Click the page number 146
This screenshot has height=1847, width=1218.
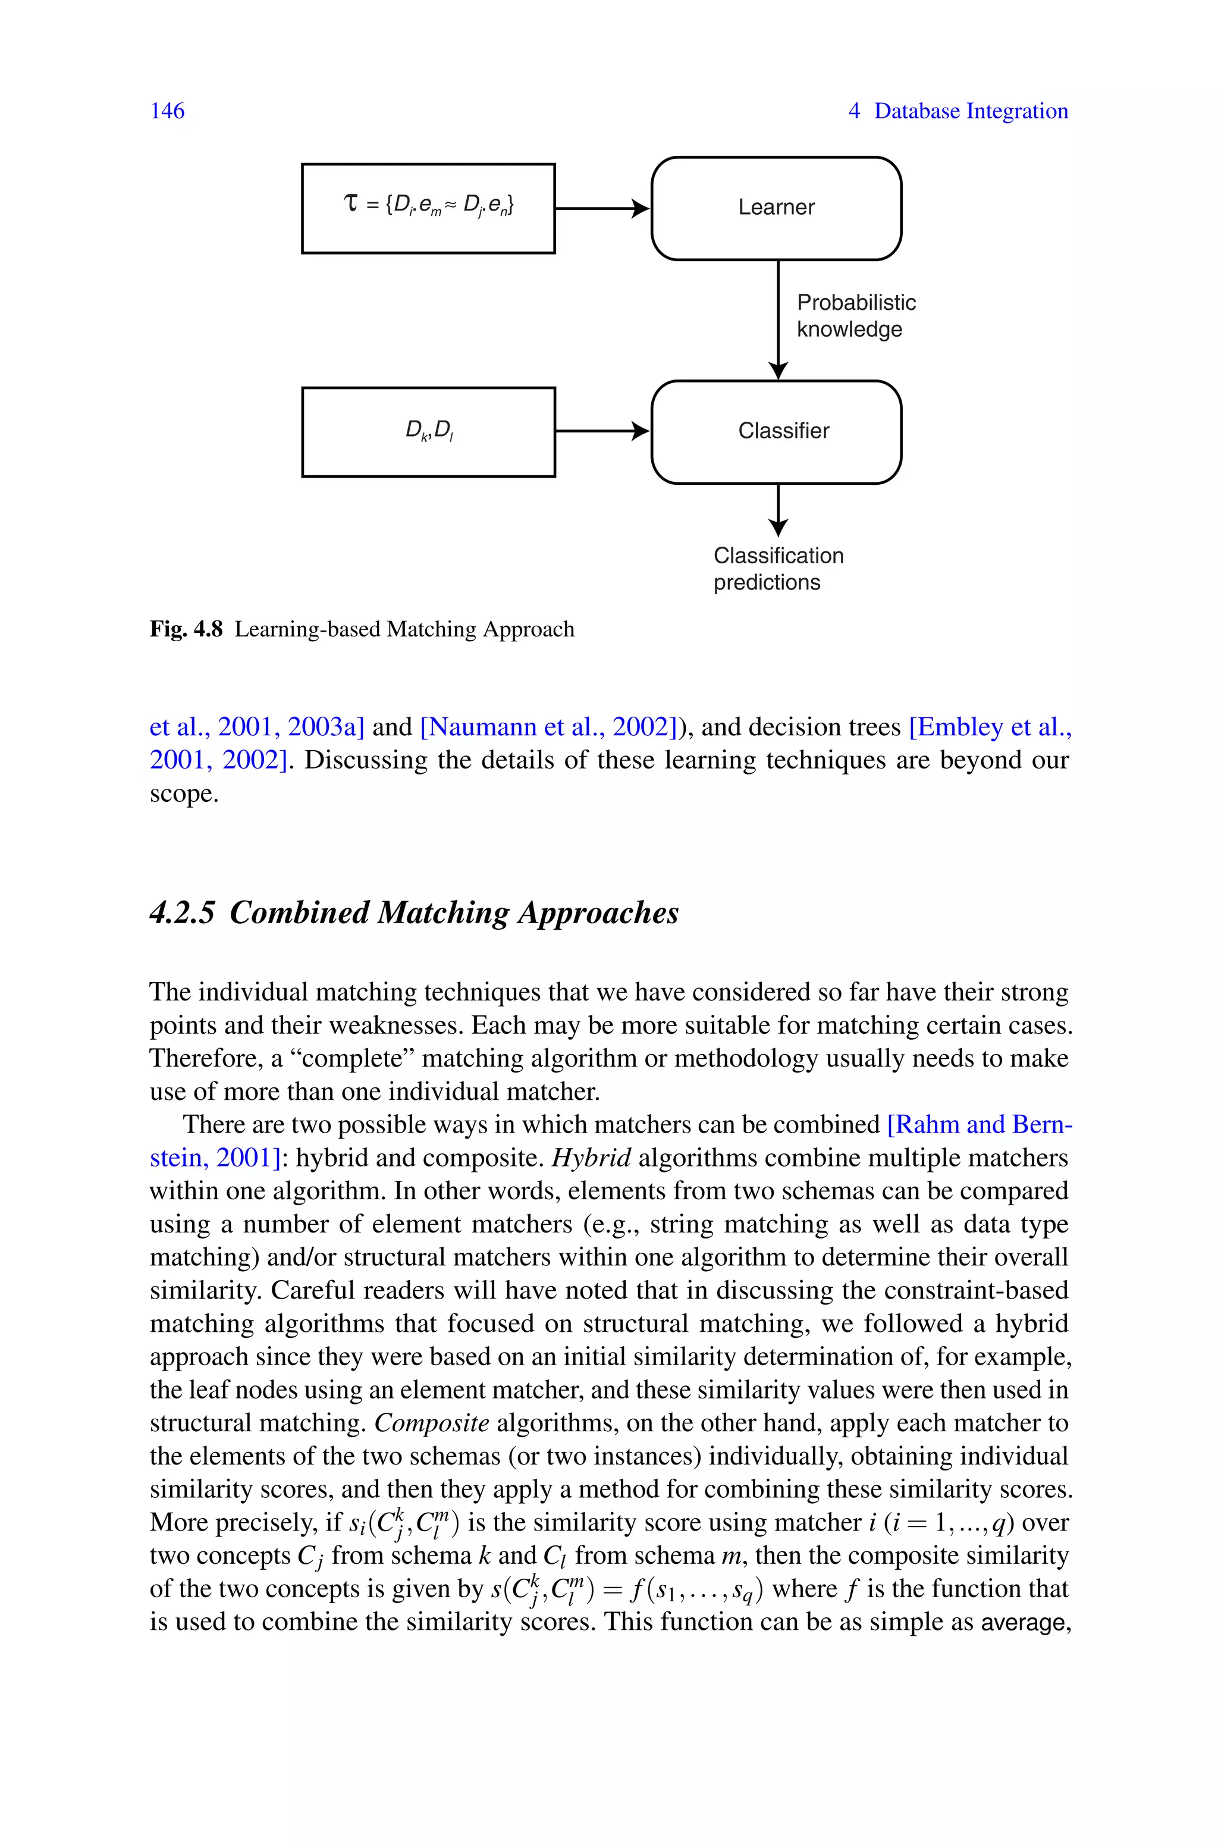point(167,111)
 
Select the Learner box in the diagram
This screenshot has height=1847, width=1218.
point(776,208)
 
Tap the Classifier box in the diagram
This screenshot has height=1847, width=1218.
point(776,432)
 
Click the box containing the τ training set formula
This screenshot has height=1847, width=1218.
point(428,208)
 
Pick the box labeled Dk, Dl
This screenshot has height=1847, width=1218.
point(428,432)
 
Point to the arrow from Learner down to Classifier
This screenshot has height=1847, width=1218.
point(777,318)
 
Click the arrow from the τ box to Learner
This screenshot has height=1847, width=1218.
point(602,208)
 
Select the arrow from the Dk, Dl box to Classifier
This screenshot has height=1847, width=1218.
point(602,431)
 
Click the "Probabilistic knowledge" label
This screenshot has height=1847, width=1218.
point(855,315)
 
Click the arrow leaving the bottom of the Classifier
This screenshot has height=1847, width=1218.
point(777,510)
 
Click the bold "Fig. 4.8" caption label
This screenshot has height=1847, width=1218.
point(186,629)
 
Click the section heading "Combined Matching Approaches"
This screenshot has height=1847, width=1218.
point(454,912)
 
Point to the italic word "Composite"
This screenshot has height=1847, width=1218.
point(431,1423)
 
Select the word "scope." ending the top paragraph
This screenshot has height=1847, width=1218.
point(184,794)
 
